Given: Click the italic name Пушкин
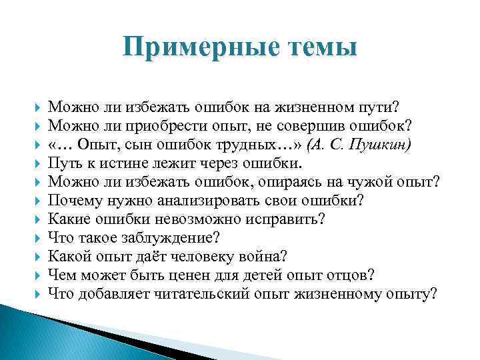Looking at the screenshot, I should tap(386, 145).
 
